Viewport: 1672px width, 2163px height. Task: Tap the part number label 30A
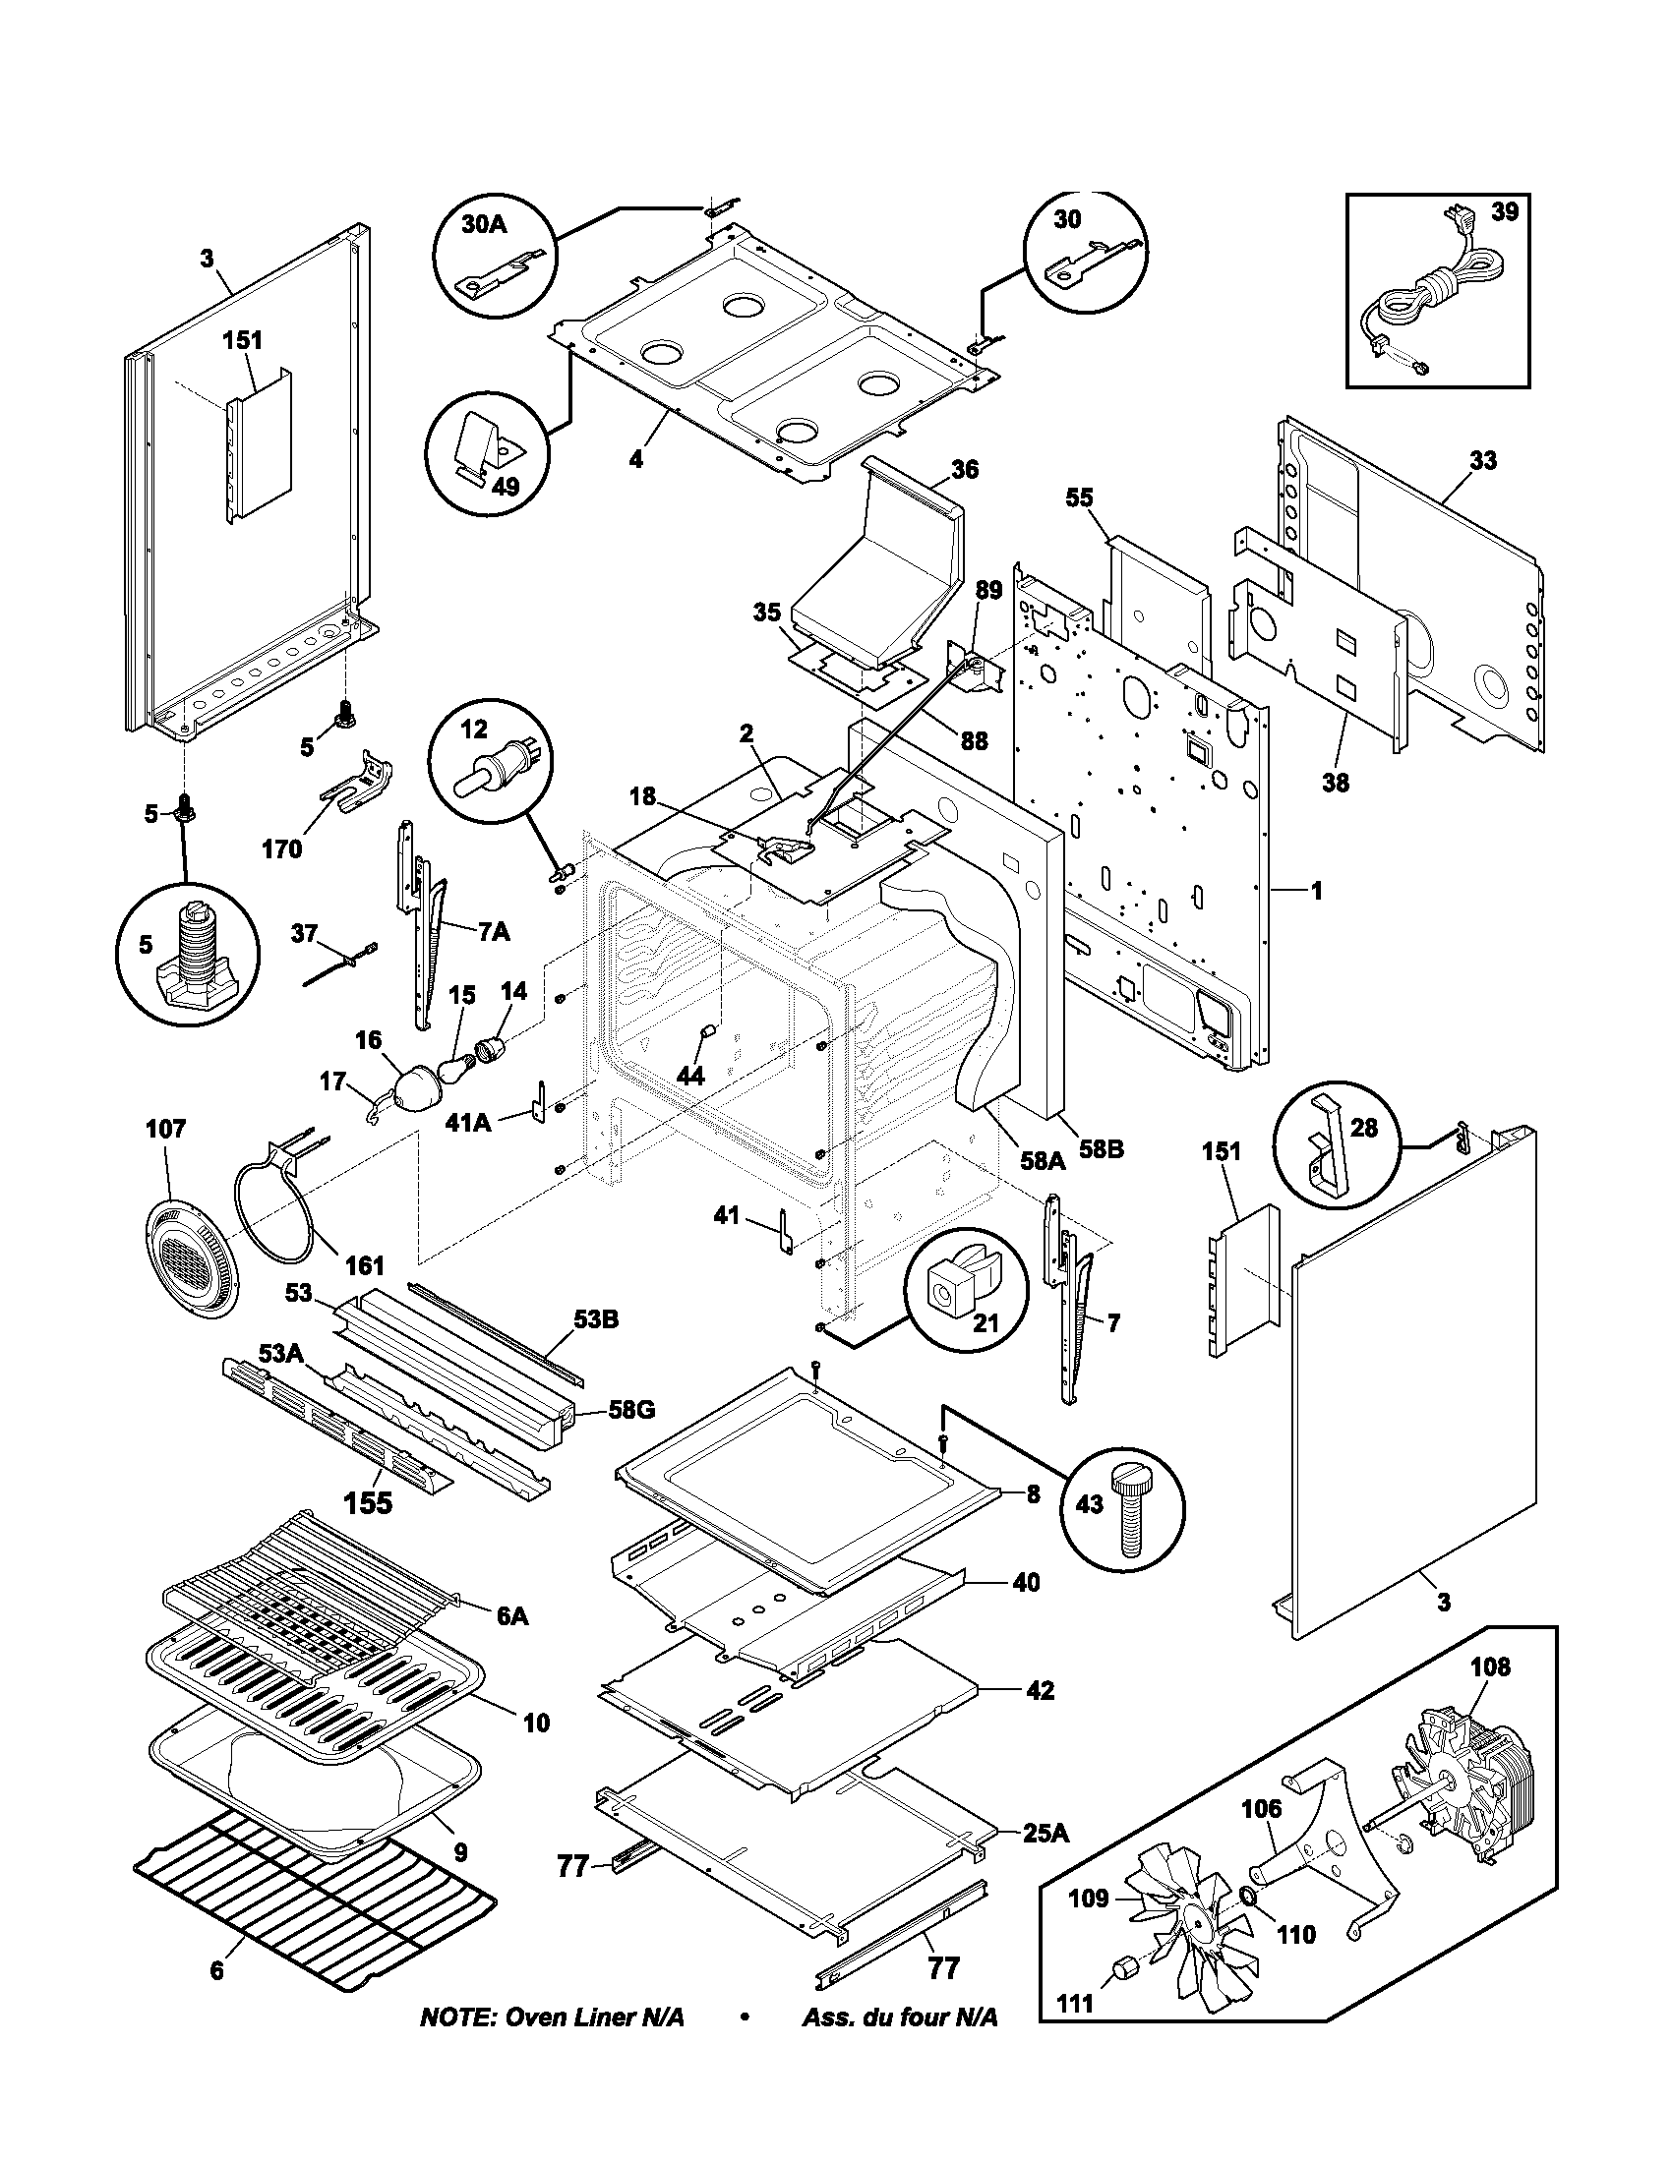coord(483,225)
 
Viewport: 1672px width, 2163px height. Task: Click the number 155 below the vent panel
coord(368,1503)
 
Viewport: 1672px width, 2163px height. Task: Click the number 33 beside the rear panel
coord(1483,460)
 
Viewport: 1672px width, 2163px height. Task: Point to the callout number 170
coord(281,848)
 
